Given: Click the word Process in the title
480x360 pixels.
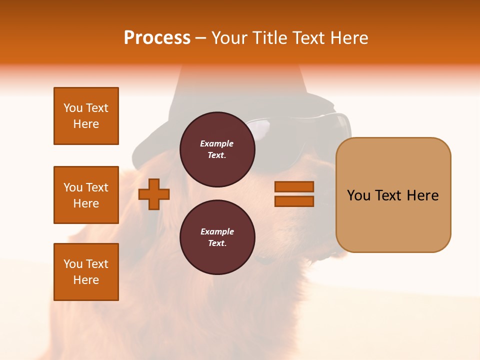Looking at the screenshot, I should [157, 38].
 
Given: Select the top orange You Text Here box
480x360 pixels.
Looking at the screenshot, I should [86, 116].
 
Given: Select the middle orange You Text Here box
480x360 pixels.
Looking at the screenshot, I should [86, 195].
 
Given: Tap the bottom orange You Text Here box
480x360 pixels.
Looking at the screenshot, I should [86, 271].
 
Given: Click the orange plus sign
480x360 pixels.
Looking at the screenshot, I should [154, 193].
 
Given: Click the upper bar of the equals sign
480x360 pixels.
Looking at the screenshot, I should [294, 187].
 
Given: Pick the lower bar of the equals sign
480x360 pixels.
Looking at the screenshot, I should [294, 201].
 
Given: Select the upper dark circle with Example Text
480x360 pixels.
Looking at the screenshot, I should [217, 149].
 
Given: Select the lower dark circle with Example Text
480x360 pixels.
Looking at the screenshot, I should [217, 237].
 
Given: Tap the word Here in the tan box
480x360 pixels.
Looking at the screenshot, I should [422, 195].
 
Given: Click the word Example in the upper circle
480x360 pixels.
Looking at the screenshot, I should [217, 143].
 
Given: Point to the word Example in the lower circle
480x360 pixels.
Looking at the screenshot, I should [217, 231].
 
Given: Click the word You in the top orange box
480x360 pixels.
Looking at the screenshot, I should [72, 108].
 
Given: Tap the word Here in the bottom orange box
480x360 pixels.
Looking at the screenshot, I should [86, 280].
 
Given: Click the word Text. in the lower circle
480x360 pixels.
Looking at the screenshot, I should [217, 243].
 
